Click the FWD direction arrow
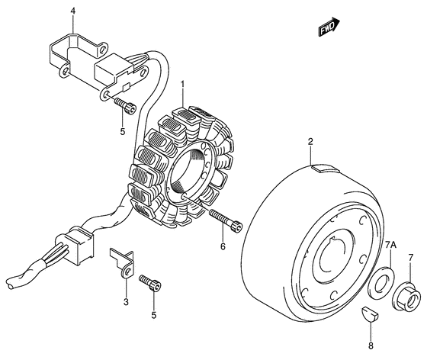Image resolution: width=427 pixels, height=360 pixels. [x=329, y=27]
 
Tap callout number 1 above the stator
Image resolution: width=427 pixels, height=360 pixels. [x=183, y=84]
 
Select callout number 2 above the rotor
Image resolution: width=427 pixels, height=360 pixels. [x=310, y=142]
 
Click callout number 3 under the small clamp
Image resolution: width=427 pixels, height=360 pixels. [x=126, y=302]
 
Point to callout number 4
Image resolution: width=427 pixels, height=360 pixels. [x=72, y=11]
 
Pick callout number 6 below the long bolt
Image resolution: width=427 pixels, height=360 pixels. [x=223, y=246]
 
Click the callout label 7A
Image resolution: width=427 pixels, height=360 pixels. [x=390, y=246]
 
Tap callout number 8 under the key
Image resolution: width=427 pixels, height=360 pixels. [x=371, y=346]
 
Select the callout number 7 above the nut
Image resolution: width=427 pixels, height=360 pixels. [x=411, y=257]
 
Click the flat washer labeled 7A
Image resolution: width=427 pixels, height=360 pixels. [x=380, y=282]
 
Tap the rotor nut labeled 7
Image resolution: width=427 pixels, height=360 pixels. [x=405, y=297]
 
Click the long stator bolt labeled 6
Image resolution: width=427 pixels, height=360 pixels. [x=226, y=221]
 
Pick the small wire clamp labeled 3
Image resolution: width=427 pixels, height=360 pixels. [x=122, y=262]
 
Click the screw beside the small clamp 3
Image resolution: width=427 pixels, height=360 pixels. [x=150, y=283]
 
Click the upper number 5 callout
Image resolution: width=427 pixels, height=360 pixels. [x=123, y=131]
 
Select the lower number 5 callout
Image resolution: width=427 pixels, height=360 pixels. [x=154, y=315]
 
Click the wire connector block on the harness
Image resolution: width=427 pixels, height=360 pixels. [x=79, y=246]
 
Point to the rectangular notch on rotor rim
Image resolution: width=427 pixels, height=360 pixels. [x=326, y=168]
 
